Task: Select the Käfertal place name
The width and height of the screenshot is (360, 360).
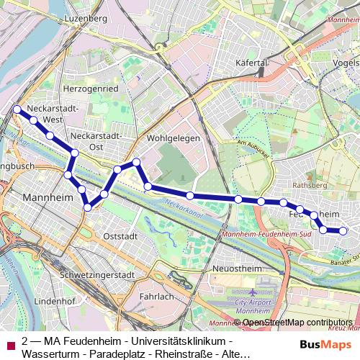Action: click(x=252, y=63)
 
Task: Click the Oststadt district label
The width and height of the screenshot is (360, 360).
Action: click(x=120, y=235)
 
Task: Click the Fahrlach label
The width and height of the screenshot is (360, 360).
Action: click(x=158, y=296)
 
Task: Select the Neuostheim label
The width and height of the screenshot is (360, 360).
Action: click(x=235, y=268)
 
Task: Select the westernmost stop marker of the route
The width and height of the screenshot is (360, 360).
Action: click(x=17, y=109)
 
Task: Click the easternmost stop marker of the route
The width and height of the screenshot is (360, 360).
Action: click(x=343, y=231)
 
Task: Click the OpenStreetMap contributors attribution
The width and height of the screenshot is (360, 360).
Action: click(x=297, y=323)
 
